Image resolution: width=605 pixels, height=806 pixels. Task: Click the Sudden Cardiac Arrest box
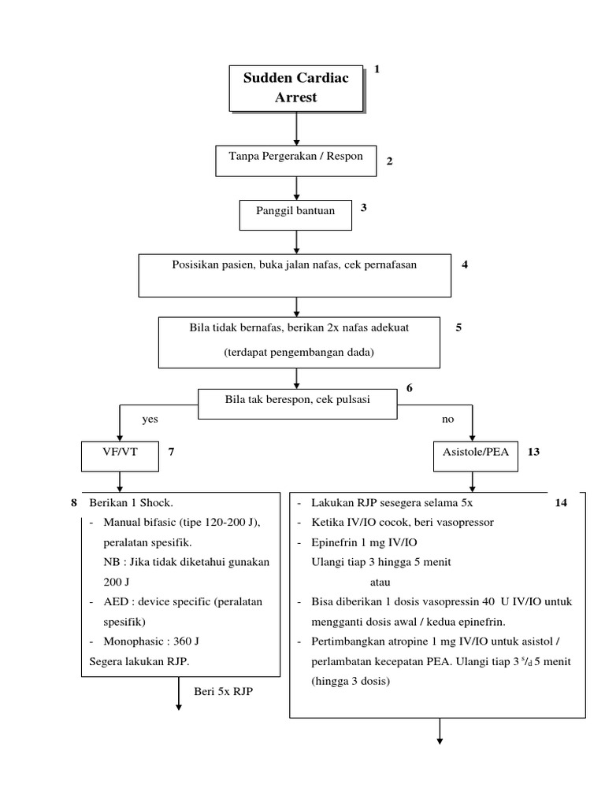point(296,88)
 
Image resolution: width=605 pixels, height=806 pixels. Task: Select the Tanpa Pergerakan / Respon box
point(296,160)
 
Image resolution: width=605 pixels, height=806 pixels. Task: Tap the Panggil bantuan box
point(295,213)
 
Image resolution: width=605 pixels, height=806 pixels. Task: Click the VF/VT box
point(119,453)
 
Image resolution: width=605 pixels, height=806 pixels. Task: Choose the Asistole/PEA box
point(471,453)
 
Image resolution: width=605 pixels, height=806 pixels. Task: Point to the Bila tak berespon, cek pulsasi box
point(297,401)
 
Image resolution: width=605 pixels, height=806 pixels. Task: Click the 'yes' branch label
point(150,420)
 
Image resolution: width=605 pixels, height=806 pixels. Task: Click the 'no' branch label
point(447,420)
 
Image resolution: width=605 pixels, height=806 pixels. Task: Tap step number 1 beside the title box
point(377,70)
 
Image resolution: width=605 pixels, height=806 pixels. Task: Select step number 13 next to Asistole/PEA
point(533,453)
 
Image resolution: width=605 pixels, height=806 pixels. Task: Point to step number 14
point(560,503)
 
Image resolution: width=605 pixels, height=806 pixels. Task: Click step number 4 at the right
point(465,264)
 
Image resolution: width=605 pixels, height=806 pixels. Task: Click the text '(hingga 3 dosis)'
point(350,682)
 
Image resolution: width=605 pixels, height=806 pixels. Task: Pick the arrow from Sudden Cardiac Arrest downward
point(296,127)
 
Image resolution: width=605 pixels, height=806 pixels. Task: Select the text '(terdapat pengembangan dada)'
point(299,353)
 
